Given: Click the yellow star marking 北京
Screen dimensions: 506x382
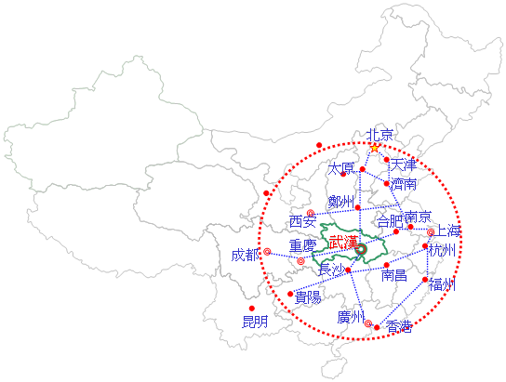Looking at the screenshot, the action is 374,149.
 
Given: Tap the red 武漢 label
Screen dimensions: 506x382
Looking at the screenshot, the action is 343,242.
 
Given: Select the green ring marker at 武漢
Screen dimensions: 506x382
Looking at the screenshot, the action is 361,249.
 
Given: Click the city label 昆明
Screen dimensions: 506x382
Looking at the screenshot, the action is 255,322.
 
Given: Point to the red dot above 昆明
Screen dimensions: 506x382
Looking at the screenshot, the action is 252,309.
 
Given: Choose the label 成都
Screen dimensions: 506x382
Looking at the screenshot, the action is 245,256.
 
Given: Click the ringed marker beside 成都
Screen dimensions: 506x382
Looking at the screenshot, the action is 267,252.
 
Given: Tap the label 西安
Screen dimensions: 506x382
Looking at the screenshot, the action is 302,222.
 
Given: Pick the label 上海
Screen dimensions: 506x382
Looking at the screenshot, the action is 448,231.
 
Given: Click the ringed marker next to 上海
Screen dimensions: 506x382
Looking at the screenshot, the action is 431,232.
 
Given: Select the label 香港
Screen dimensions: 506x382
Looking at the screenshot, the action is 399,326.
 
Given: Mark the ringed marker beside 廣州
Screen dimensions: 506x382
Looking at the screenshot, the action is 368,323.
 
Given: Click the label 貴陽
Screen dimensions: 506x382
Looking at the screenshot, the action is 308,297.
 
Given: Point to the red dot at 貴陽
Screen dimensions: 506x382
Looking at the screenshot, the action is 290,294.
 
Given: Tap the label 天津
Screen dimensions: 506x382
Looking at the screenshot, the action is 404,165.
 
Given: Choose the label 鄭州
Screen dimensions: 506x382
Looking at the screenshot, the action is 341,202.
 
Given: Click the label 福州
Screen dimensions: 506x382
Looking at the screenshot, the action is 442,285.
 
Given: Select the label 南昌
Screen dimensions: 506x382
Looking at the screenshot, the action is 394,276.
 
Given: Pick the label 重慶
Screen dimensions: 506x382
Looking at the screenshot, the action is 302,246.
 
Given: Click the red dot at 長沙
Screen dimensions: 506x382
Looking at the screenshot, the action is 348,270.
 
